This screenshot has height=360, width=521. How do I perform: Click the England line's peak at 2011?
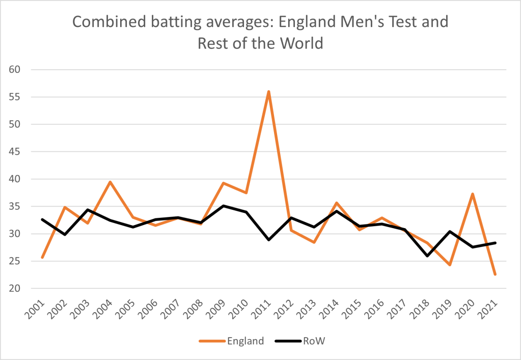[x=268, y=92]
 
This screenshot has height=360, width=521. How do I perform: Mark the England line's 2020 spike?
[x=473, y=194]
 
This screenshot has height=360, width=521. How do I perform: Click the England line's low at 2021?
[x=495, y=274]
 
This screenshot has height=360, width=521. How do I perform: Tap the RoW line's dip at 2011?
[x=268, y=240]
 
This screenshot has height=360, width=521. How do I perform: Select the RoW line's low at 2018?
[x=427, y=256]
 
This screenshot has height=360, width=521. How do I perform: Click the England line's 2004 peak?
[x=109, y=182]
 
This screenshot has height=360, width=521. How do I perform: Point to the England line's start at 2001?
[x=42, y=258]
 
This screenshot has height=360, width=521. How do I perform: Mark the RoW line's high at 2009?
[x=223, y=206]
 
